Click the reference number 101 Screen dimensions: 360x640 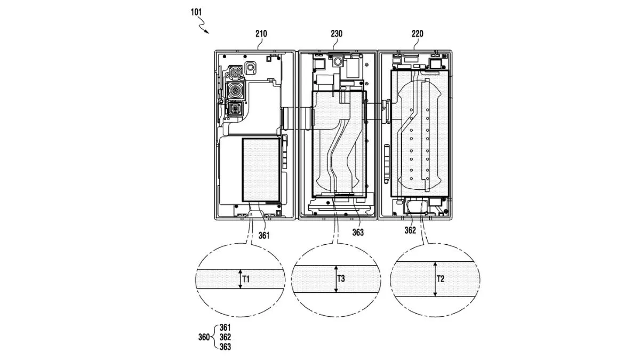click(x=194, y=11)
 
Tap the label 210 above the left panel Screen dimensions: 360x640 click(x=261, y=34)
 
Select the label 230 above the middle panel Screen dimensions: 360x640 click(x=337, y=34)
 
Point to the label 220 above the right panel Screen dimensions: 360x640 click(x=417, y=34)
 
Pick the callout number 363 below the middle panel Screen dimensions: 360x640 click(x=358, y=232)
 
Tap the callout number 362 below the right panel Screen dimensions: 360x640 click(x=410, y=231)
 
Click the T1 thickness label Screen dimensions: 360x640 click(x=246, y=278)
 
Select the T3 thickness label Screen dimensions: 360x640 click(x=341, y=278)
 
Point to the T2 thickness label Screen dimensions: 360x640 click(x=441, y=278)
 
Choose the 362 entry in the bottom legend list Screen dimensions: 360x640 click(x=225, y=337)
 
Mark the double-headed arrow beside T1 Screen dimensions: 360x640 click(x=240, y=279)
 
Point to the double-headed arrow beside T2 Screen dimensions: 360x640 click(x=435, y=279)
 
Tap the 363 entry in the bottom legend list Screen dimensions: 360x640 click(x=225, y=347)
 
